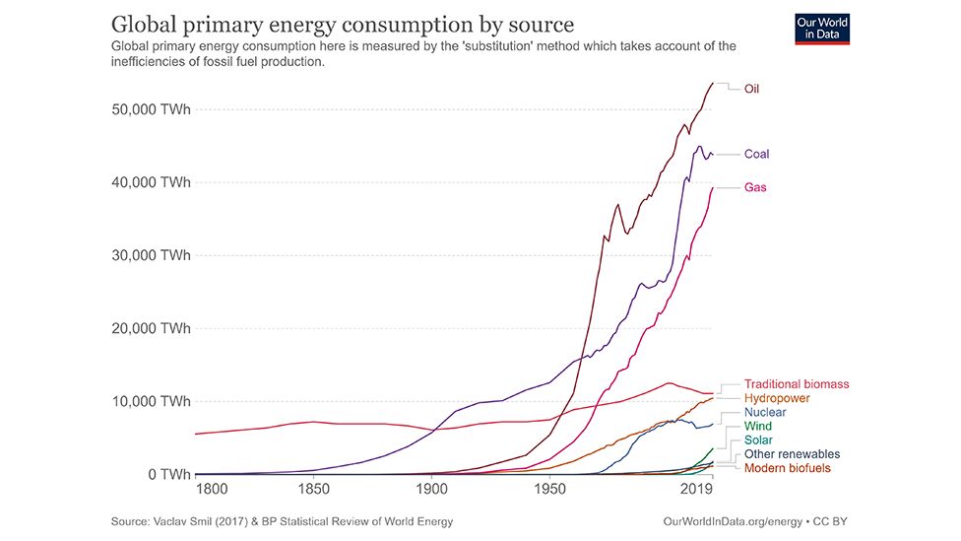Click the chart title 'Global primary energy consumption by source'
(x=342, y=24)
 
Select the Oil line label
(x=751, y=89)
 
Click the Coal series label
(x=756, y=154)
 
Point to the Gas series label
(x=755, y=187)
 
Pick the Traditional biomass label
(x=796, y=384)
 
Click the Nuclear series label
(x=765, y=413)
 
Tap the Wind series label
(x=758, y=427)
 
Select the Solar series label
(x=758, y=440)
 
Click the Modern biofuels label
(x=787, y=468)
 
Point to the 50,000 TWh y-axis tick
(x=149, y=109)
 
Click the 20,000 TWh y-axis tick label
(x=149, y=328)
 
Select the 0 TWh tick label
(x=162, y=474)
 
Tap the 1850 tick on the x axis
(x=313, y=489)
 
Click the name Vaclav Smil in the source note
(x=190, y=520)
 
